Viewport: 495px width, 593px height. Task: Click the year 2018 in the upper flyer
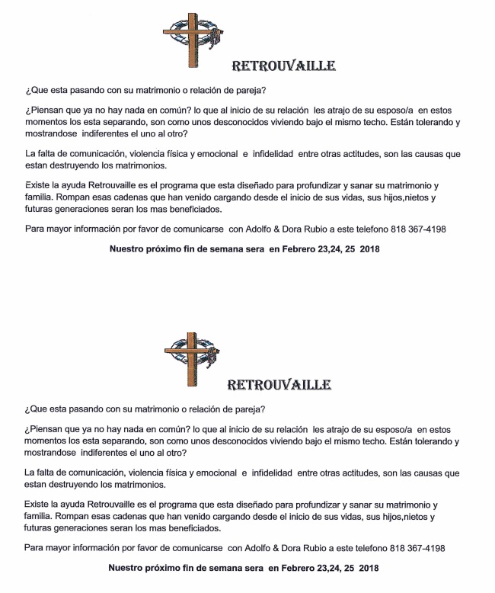click(x=369, y=249)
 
